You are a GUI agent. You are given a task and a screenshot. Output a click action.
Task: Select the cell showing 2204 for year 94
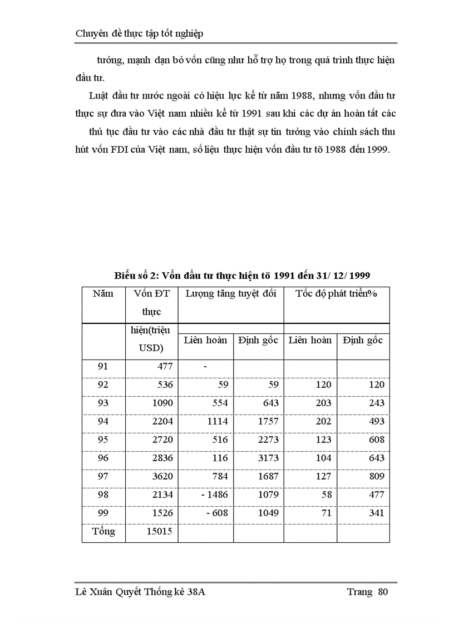[x=162, y=421]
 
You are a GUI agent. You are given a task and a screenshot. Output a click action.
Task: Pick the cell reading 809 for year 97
[x=376, y=476]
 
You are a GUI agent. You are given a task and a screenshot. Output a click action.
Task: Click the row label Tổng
[x=103, y=532]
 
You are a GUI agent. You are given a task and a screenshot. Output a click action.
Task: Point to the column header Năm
[x=103, y=294]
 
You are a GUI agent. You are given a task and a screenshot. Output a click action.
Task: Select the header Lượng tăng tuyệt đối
[x=230, y=294]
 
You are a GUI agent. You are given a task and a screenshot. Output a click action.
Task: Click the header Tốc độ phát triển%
[x=336, y=294]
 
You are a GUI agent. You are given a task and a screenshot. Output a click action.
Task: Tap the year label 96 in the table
[x=103, y=458]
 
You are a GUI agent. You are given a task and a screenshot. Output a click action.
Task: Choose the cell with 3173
[x=268, y=458]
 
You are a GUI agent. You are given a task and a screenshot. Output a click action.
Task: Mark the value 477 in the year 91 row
[x=164, y=366]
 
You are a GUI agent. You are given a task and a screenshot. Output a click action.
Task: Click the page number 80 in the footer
[x=382, y=592]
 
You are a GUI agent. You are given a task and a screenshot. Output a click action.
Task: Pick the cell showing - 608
[x=216, y=513]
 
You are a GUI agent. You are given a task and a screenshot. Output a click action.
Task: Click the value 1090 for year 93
[x=162, y=403]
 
